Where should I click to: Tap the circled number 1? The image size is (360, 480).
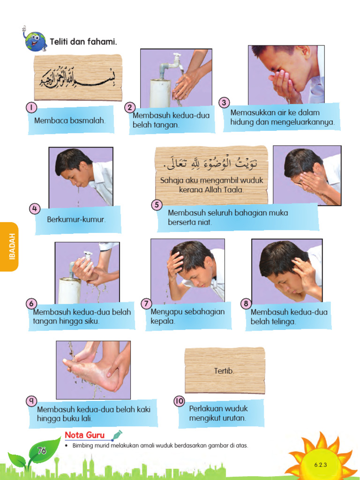31,107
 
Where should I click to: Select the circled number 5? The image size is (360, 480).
157,205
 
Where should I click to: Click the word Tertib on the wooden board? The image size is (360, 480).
224,371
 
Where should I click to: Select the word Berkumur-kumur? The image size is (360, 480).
76,219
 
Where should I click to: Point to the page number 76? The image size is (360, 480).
41,451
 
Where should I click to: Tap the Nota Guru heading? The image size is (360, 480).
85,435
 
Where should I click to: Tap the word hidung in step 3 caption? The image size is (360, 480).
241,122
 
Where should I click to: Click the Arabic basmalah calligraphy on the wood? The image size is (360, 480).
78,76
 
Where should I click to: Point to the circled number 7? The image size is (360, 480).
147,303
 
